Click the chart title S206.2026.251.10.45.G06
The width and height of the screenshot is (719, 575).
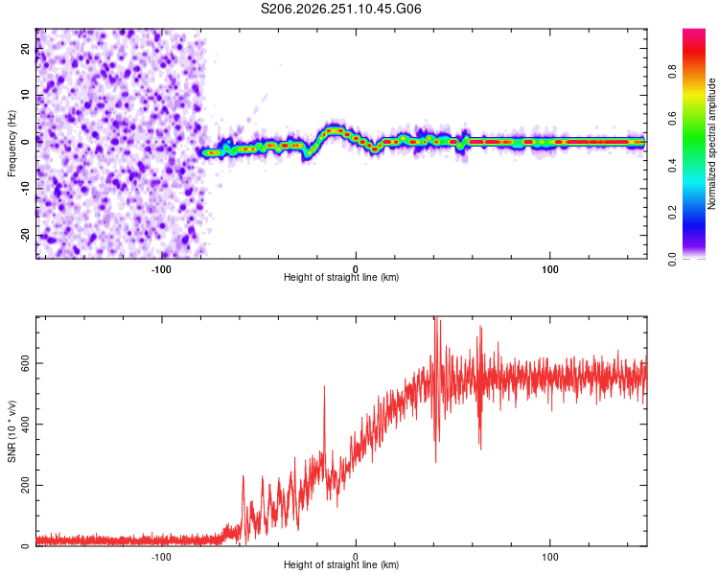340,9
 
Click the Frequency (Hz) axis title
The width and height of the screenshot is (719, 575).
12,144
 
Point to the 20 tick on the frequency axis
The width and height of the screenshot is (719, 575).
25,48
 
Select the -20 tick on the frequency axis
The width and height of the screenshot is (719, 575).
25,236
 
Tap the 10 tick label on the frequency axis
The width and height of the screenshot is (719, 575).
25,95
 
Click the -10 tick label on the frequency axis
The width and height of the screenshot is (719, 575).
25,189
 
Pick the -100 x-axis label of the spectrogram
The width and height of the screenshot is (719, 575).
161,269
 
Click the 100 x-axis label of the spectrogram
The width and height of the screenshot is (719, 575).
550,269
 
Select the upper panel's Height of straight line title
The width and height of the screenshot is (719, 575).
341,277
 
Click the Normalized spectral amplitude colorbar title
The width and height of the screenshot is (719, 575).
711,144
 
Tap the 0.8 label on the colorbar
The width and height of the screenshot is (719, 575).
672,72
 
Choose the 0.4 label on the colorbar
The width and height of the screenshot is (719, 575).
672,166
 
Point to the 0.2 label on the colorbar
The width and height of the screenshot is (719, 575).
672,213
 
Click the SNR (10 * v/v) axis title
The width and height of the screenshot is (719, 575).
12,431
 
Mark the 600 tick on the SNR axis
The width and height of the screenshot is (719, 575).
25,363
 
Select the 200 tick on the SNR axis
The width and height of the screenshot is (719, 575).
25,485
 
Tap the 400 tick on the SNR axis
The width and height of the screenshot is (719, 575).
25,425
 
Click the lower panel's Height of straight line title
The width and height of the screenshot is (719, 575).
341,564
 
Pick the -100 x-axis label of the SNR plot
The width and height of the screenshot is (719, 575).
161,557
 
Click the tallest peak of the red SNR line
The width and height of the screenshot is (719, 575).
436,317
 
